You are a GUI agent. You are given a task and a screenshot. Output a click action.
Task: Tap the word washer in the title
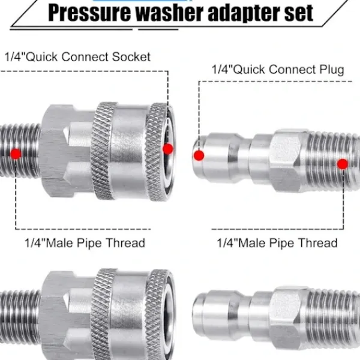coord(170,13)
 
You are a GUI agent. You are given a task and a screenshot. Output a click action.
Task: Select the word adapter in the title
coord(244,13)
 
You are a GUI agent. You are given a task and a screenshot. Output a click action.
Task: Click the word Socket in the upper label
coord(131,57)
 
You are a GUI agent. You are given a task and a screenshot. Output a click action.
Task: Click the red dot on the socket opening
coord(168,149)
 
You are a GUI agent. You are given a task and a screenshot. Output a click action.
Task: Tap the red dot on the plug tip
coord(199,155)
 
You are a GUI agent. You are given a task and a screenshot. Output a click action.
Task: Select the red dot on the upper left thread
coord(16,154)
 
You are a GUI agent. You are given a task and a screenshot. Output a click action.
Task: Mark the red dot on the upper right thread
coord(343,164)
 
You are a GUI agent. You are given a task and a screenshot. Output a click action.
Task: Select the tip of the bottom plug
coord(196,314)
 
